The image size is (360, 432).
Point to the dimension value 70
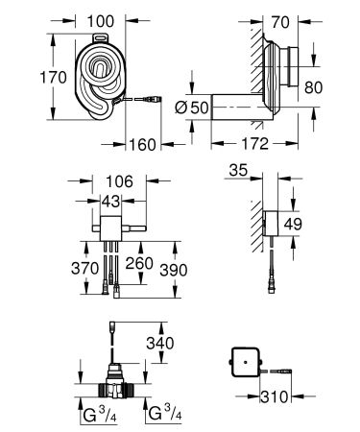point(279,19)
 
